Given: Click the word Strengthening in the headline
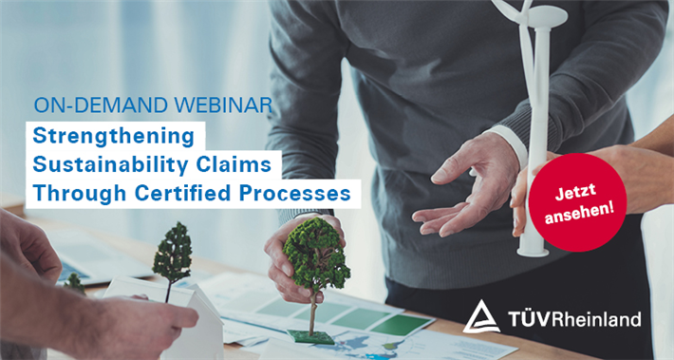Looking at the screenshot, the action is (x=114, y=137).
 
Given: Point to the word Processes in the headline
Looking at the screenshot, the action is (x=295, y=194).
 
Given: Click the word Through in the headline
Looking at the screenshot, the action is (x=80, y=194).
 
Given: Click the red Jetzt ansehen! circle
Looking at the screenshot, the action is (x=577, y=202).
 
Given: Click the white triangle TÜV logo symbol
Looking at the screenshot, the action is (x=481, y=317).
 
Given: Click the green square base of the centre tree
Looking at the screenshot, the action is (x=310, y=337).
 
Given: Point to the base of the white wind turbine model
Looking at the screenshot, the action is (x=533, y=250).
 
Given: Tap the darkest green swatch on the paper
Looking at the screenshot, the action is (x=401, y=325).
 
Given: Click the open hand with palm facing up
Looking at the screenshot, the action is (x=466, y=185).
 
